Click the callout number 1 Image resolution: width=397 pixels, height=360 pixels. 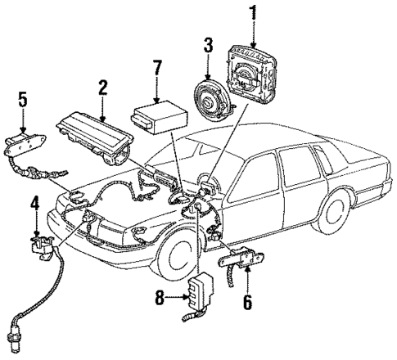(x=252, y=14)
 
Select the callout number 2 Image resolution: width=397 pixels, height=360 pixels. (x=102, y=88)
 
